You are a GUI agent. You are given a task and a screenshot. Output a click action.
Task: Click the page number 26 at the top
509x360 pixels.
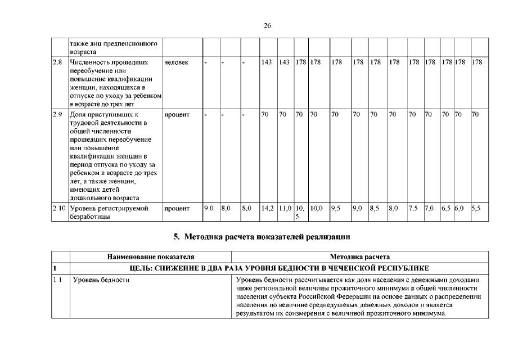268,25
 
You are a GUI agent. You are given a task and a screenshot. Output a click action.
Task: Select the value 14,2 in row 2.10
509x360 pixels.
267,208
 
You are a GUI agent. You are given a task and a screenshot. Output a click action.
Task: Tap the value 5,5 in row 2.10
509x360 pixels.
476,208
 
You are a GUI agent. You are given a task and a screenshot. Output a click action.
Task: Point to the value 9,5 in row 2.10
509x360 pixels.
335,208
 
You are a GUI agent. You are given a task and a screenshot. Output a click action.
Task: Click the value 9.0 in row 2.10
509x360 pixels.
209,208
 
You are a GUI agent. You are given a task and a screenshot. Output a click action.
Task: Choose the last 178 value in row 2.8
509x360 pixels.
477,61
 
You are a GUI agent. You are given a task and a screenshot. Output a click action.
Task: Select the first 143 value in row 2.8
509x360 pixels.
267,61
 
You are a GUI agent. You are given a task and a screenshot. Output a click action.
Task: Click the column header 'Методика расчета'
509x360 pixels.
361,257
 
